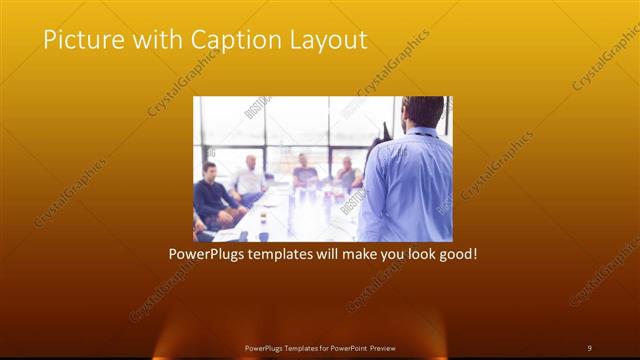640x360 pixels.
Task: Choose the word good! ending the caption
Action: (457, 255)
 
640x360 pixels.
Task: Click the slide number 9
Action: (589, 347)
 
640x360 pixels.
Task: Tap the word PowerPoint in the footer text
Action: (345, 347)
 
